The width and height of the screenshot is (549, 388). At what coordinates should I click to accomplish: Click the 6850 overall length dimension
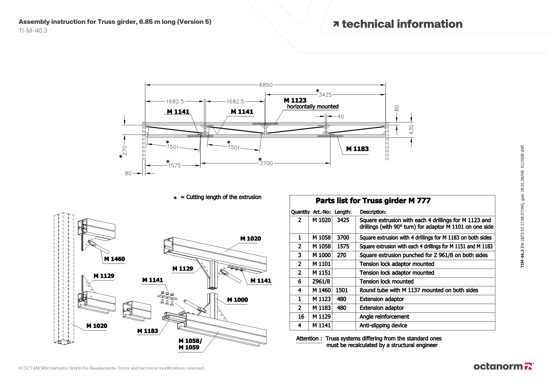coord(266,85)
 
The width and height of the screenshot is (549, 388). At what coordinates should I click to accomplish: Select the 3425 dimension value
coord(325,95)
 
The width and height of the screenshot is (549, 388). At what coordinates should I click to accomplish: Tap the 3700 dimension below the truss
coord(266,163)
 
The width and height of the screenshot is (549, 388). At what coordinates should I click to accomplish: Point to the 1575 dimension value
coord(174,166)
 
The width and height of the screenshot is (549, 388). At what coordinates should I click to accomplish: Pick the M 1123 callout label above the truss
coord(295,101)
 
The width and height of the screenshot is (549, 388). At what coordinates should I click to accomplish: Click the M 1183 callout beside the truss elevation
coord(357,149)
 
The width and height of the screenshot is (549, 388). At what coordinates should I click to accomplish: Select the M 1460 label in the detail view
coord(114,259)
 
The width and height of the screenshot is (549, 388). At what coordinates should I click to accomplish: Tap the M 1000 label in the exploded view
coord(237,300)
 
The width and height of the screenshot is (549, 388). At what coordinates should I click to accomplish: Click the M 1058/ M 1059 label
coord(190,344)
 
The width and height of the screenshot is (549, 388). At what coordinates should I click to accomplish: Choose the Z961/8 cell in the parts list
coord(321,281)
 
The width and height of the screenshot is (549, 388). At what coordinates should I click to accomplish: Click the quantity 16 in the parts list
coord(301,317)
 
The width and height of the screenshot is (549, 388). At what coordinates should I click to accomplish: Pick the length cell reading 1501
coord(342,290)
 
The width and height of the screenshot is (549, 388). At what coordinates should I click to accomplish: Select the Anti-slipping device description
coord(383,325)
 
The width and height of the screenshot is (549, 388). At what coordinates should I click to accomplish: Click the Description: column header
coord(373,212)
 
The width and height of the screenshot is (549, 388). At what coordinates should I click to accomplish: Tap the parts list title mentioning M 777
coord(373,201)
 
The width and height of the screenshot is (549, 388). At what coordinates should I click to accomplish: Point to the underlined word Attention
coord(307,339)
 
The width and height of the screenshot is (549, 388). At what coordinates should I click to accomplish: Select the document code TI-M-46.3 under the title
coord(33,31)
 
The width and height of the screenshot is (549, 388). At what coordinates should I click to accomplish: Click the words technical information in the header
coord(402,24)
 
